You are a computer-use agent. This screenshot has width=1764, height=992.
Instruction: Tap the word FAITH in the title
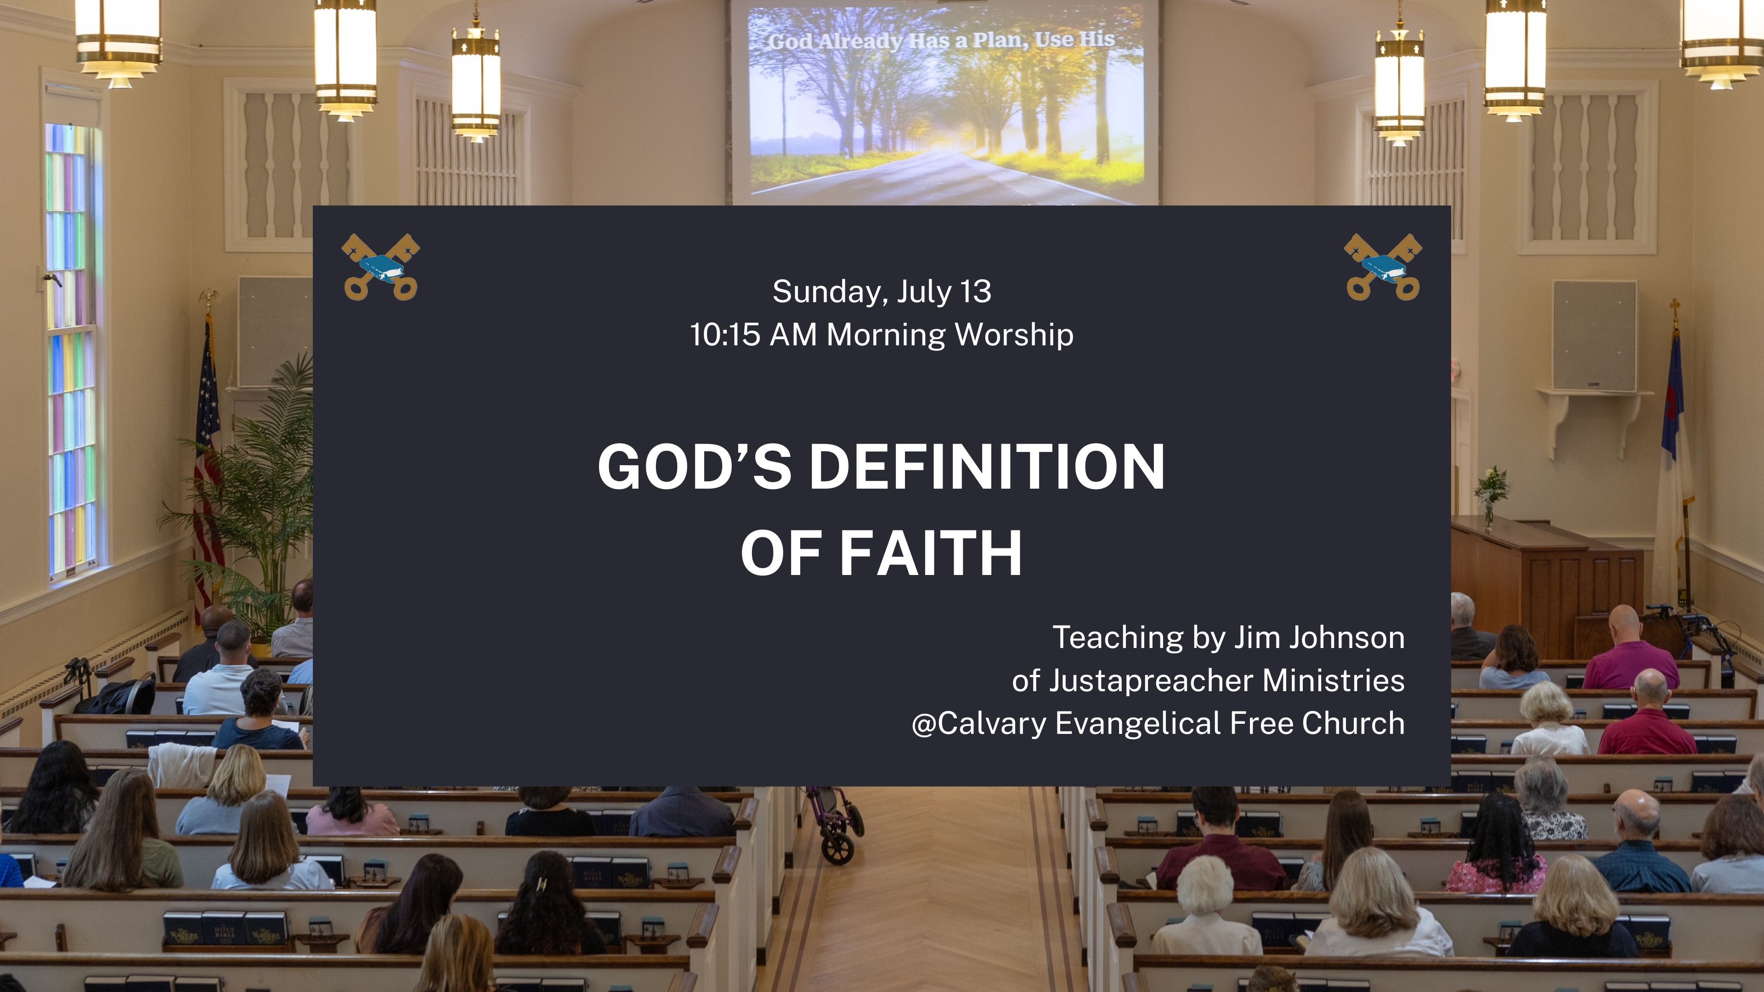pos(931,553)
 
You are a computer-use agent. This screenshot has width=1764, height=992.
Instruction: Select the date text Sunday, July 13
pos(882,292)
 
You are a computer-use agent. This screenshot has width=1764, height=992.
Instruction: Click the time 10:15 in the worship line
pos(724,335)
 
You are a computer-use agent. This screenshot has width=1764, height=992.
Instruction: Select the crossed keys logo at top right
pos(1383,267)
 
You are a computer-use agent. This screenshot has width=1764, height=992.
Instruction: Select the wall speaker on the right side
pos(1594,335)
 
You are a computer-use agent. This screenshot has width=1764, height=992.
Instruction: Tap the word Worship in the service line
pos(1013,335)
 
